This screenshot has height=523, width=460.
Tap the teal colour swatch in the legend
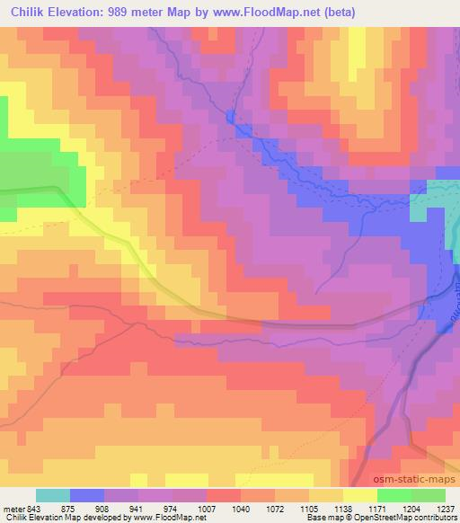pyautogui.click(x=53, y=495)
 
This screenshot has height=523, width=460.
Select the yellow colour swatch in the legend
pyautogui.click(x=360, y=495)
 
